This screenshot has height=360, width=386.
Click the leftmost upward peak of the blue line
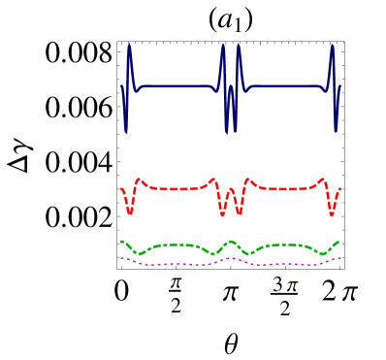(129, 44)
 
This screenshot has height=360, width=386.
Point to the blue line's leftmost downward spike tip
(126, 132)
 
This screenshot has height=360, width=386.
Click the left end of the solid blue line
(121, 86)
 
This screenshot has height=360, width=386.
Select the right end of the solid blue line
(340, 86)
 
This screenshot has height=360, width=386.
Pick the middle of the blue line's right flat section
(284, 87)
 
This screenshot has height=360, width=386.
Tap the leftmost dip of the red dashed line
(129, 213)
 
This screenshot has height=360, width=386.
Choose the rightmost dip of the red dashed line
(333, 213)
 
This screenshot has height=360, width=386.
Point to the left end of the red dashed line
(121, 189)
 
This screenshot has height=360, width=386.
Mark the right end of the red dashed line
(340, 189)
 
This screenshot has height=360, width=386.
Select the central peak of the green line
(231, 241)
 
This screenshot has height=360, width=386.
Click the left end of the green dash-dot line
(121, 241)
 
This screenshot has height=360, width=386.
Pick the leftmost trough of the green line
(142, 254)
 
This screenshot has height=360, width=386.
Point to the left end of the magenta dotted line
(121, 258)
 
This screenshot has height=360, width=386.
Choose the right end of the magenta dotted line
(340, 258)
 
